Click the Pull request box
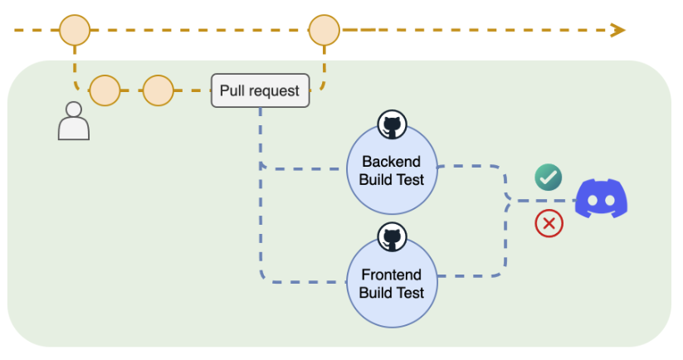tap(260, 90)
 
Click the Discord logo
tap(602, 199)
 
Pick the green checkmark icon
tap(548, 177)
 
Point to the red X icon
tap(549, 223)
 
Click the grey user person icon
tap(73, 121)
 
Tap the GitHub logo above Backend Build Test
tap(391, 125)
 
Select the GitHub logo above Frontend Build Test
tap(391, 237)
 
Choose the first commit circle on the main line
tap(74, 31)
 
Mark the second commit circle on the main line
tap(324, 31)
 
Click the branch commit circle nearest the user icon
tap(105, 90)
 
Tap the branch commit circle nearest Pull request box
tap(158, 90)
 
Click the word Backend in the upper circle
tap(391, 162)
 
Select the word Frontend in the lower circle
tap(391, 275)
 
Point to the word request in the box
tap(274, 91)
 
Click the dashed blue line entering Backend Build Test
tap(303, 169)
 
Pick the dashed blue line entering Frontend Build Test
tap(303, 282)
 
